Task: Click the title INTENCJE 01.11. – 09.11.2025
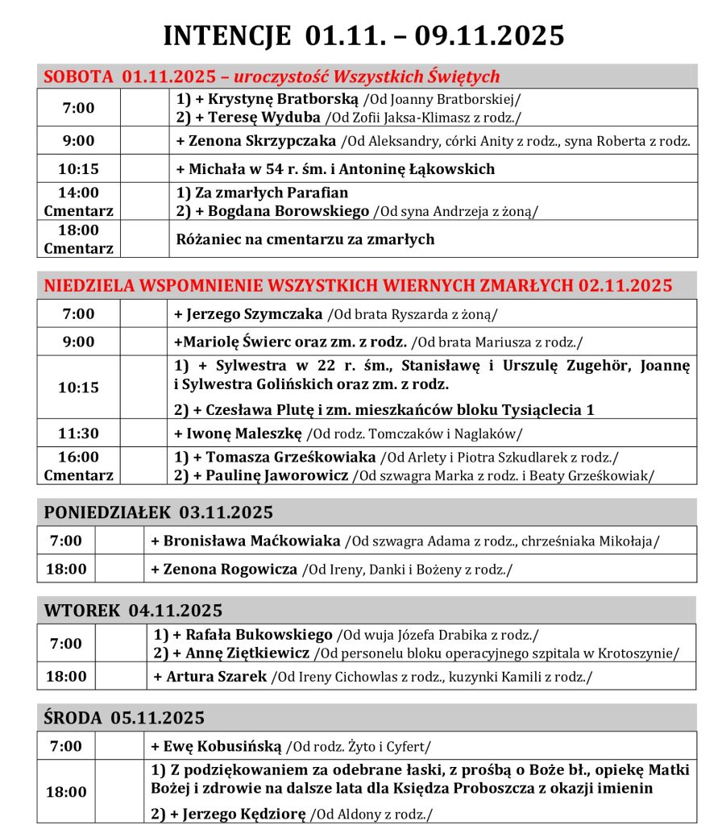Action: coord(363,36)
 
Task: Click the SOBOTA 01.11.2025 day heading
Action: coord(129,77)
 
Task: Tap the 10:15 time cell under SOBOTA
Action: coord(78,169)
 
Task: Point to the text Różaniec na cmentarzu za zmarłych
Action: coord(305,239)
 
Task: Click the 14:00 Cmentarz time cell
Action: coord(78,201)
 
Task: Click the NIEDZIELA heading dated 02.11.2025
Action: coord(358,286)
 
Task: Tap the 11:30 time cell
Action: coord(78,433)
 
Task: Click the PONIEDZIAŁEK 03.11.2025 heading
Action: coord(159,512)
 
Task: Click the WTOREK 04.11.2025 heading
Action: coord(133,610)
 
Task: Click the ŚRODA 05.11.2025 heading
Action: coord(124,717)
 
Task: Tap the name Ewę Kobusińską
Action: coord(223,746)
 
